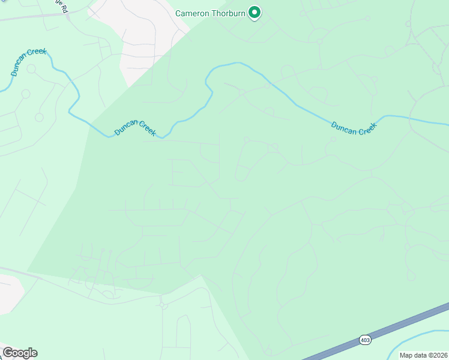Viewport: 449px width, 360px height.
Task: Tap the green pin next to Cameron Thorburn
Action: pyautogui.click(x=255, y=13)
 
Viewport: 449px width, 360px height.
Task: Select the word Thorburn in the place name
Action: pyautogui.click(x=229, y=13)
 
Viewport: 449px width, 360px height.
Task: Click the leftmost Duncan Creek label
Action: pyautogui.click(x=28, y=62)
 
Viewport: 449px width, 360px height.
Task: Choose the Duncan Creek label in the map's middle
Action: pyautogui.click(x=135, y=127)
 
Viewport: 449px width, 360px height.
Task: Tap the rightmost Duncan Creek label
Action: pyautogui.click(x=354, y=128)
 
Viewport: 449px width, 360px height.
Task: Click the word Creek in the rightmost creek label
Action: pyautogui.click(x=366, y=129)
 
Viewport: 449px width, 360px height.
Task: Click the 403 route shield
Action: pyautogui.click(x=365, y=340)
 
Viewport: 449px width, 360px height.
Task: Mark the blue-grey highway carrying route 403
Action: pyautogui.click(x=408, y=325)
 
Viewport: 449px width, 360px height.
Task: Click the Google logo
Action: pyautogui.click(x=20, y=353)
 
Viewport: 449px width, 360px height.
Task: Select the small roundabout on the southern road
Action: pyautogui.click(x=162, y=305)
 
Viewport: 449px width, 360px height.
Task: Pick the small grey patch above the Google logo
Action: pyautogui.click(x=9, y=294)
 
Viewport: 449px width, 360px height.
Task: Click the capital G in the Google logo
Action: pyautogui.click(x=8, y=353)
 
